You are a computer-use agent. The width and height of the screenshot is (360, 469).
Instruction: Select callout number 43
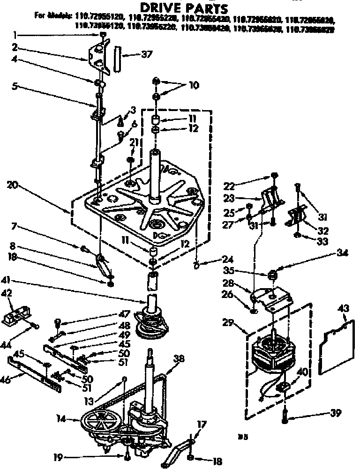[344, 308]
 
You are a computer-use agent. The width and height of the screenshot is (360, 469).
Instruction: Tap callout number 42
[7, 293]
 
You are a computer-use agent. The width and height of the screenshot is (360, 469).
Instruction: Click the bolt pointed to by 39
[285, 415]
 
